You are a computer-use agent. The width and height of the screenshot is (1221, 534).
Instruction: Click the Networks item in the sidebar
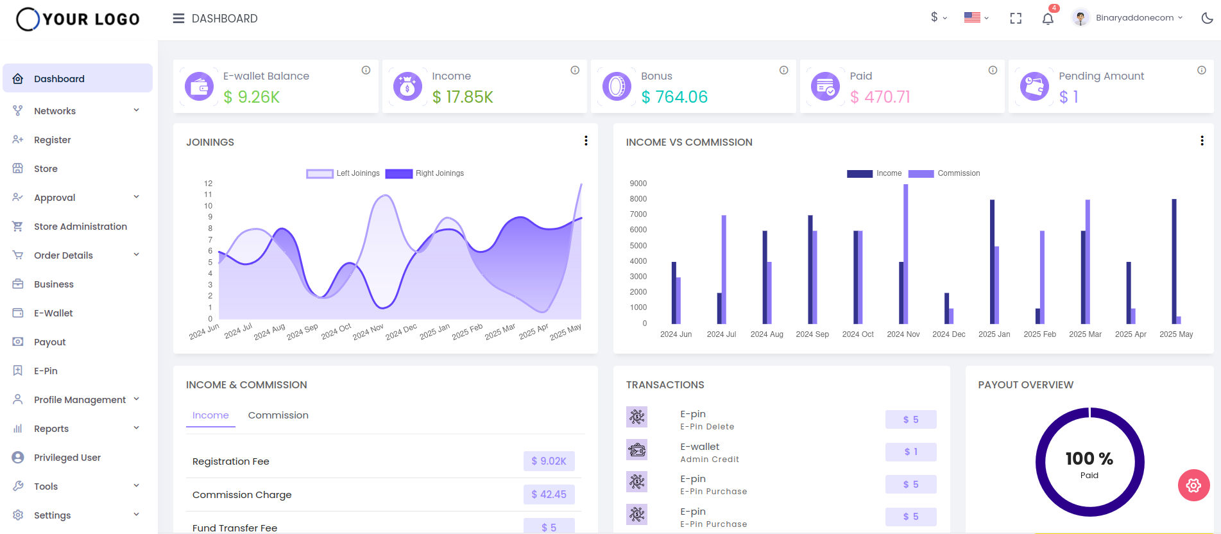55,111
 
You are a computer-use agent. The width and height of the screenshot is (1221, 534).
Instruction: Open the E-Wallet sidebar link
53,313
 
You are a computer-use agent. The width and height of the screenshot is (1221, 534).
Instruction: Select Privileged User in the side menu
67,458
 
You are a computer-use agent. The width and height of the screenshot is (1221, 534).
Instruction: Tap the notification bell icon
1048,19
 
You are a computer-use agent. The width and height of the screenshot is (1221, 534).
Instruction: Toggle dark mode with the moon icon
1207,18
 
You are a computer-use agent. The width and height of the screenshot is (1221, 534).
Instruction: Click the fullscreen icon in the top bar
1016,19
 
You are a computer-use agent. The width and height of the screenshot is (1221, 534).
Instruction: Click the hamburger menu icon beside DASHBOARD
178,19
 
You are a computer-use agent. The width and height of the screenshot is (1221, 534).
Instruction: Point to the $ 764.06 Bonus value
674,97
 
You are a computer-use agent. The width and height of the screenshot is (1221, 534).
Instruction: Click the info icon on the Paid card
993,70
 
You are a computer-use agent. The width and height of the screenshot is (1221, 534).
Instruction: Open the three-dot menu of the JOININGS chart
586,141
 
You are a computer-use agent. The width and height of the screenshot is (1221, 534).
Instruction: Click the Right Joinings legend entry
425,173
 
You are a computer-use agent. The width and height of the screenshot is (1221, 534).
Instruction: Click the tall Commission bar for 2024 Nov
906,254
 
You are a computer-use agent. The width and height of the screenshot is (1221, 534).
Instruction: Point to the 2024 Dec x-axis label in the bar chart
948,334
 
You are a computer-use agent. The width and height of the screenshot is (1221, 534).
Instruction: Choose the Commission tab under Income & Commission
278,415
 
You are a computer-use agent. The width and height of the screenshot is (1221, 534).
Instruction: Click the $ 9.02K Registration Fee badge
549,461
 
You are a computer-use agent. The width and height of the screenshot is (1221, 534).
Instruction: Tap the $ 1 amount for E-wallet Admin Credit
910,452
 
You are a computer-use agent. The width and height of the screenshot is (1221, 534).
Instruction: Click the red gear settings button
1193,485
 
